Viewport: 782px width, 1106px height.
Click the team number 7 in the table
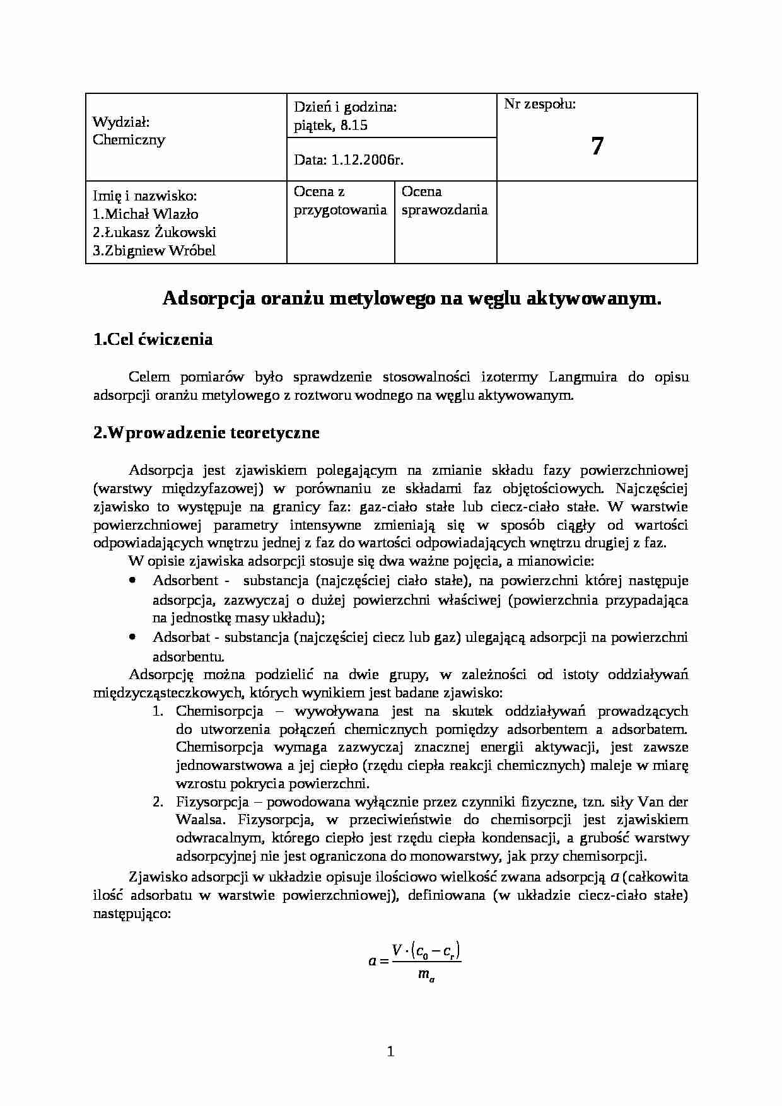[597, 146]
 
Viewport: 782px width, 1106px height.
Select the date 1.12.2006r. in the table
[348, 160]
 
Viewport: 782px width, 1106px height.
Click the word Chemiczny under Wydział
[129, 140]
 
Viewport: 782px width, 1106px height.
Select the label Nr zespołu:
[540, 105]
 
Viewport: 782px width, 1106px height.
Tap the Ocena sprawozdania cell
[444, 201]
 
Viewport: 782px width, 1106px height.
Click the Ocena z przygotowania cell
[340, 201]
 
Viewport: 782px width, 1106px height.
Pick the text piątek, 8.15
[330, 125]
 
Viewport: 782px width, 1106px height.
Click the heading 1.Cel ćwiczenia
[153, 340]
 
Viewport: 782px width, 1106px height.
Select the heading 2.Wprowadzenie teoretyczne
[206, 433]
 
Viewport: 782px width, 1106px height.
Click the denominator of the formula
[426, 975]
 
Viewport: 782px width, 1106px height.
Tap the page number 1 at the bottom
[390, 1051]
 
